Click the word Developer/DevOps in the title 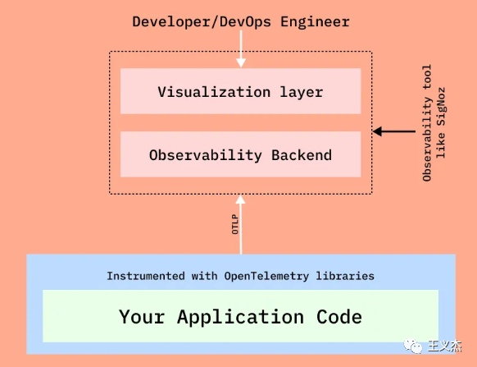pyautogui.click(x=202, y=22)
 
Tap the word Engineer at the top pyautogui.click(x=315, y=22)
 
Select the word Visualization pyautogui.click(x=214, y=92)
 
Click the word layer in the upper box pyautogui.click(x=301, y=92)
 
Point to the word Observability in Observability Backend pyautogui.click(x=206, y=155)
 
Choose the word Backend pyautogui.click(x=302, y=155)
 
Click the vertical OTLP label pyautogui.click(x=235, y=224)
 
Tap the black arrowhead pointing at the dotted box pyautogui.click(x=377, y=131)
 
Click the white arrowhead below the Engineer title pyautogui.click(x=241, y=62)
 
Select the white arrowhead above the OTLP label pyautogui.click(x=240, y=200)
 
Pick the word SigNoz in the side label pyautogui.click(x=441, y=107)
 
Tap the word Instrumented pyautogui.click(x=146, y=276)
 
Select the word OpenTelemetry pyautogui.click(x=266, y=276)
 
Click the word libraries pyautogui.click(x=345, y=276)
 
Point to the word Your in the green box pyautogui.click(x=142, y=317)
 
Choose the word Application pyautogui.click(x=241, y=317)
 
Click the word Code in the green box pyautogui.click(x=339, y=317)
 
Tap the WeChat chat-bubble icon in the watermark pyautogui.click(x=413, y=346)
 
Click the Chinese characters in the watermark pyautogui.click(x=444, y=346)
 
